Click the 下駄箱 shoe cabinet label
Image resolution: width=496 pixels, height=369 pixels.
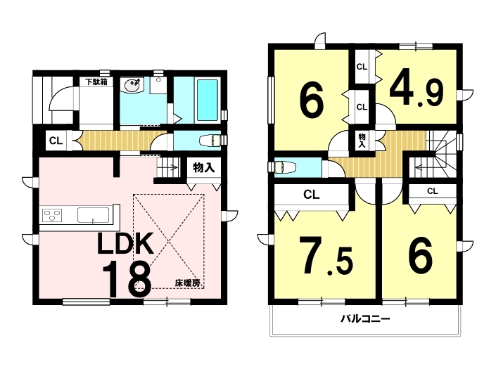click(x=96, y=82)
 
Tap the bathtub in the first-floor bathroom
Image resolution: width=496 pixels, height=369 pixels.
click(x=208, y=100)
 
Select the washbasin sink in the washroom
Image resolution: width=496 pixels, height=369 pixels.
click(x=132, y=84)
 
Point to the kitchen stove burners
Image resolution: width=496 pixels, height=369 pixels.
click(x=52, y=216)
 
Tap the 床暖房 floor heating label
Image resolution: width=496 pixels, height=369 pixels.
click(x=188, y=283)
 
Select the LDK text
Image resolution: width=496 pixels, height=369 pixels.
click(x=125, y=243)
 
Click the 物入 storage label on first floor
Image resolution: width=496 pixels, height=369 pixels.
click(x=203, y=167)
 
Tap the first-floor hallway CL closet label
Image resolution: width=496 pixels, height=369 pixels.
click(x=56, y=141)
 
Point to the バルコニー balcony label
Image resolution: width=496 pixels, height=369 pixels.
click(x=365, y=318)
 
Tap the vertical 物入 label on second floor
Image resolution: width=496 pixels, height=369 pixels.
click(x=362, y=141)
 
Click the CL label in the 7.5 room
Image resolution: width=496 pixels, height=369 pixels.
click(x=312, y=195)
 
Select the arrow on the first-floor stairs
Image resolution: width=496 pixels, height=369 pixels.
click(x=172, y=168)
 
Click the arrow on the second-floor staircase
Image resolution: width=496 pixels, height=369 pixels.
click(x=422, y=167)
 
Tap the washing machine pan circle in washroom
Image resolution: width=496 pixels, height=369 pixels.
click(x=158, y=81)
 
